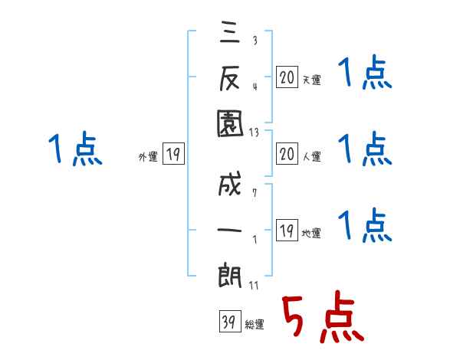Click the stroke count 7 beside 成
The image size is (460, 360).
tap(254, 191)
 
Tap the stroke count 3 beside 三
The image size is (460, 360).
tap(254, 41)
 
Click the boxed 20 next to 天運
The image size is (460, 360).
tap(286, 77)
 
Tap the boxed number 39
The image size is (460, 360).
tap(228, 322)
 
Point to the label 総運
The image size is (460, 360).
tap(255, 325)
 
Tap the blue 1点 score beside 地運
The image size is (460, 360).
tap(366, 225)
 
